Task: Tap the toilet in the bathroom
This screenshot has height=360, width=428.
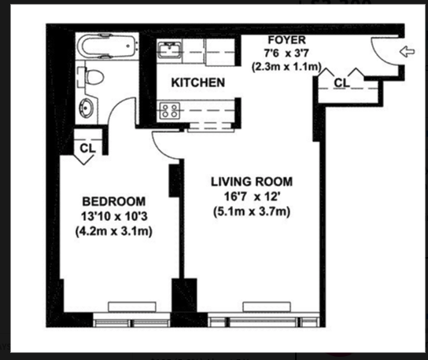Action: point(94,78)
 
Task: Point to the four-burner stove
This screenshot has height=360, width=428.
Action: point(168,111)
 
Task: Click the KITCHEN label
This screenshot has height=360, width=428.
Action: point(199,83)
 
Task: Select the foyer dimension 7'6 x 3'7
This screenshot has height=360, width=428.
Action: point(286,53)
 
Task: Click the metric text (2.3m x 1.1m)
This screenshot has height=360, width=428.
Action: point(286,68)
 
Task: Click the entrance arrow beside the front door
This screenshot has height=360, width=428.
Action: point(407,53)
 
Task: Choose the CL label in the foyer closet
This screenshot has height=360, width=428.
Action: point(341,83)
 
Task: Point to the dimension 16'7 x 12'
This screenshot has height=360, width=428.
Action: point(251,196)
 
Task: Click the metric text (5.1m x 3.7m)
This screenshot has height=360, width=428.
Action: point(251,211)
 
